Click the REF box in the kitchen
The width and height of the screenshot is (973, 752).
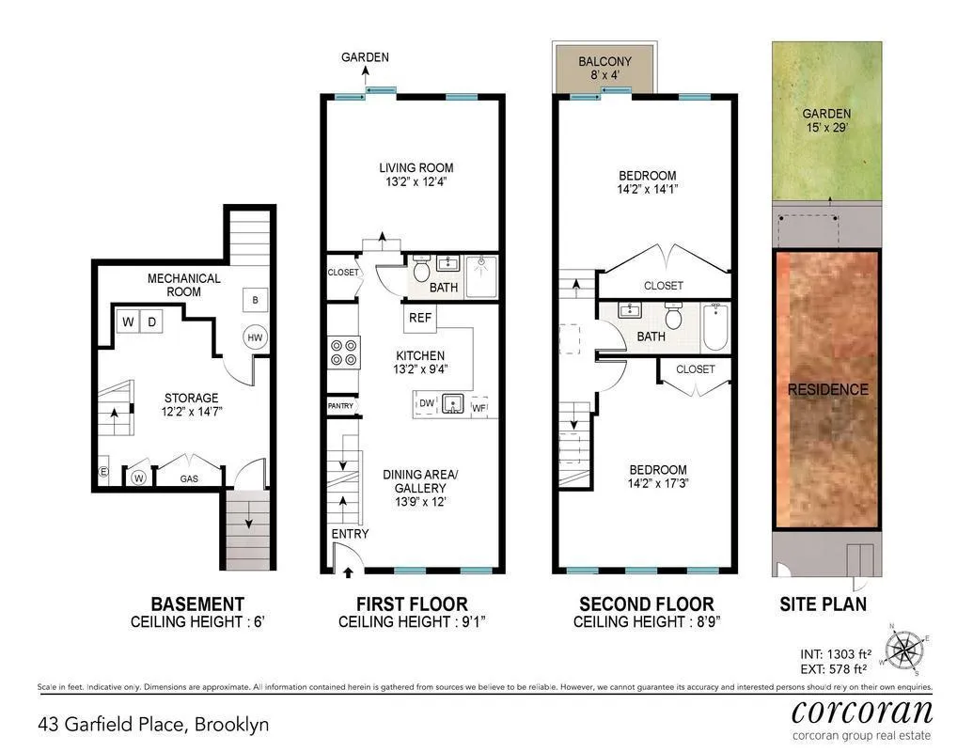[420, 318]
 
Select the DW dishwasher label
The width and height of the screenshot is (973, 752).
[427, 404]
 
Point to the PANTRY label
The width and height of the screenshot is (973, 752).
[340, 406]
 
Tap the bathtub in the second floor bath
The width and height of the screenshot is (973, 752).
[714, 327]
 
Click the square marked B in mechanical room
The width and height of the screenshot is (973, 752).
[254, 300]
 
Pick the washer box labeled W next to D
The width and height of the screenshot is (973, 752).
[128, 322]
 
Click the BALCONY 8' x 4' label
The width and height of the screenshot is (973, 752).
[604, 69]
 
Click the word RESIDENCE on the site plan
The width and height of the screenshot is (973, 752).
[827, 389]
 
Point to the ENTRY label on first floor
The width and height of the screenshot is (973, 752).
[350, 534]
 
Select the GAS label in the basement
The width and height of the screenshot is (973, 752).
[189, 478]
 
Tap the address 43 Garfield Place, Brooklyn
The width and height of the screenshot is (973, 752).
[153, 725]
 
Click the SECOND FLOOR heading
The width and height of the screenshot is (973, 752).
[646, 603]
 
